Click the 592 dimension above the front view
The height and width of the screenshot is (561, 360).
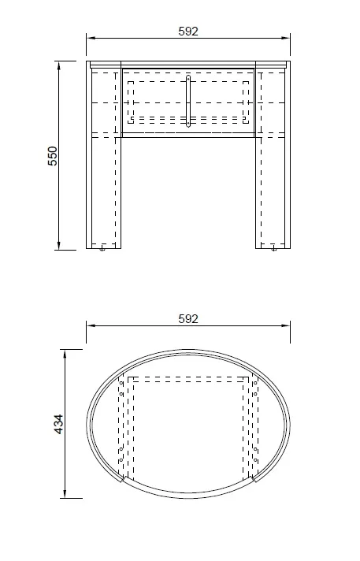tap(188, 32)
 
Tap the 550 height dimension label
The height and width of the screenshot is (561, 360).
tap(53, 156)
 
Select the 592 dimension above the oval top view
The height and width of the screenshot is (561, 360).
tap(188, 319)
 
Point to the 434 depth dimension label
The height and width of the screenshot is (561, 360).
tap(59, 424)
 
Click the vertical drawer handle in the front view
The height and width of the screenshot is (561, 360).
tap(188, 102)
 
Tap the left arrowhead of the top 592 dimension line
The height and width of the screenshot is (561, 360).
tap(91, 38)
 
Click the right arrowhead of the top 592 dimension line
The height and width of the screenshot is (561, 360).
tap(286, 38)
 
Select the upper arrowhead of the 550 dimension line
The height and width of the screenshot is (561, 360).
tap(59, 66)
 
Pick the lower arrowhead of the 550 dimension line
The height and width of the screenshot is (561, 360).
tap(59, 245)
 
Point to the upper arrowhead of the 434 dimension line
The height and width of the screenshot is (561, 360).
tap(65, 355)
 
